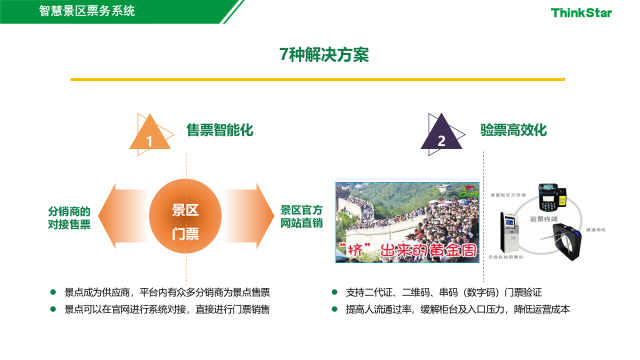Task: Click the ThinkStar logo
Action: click(x=581, y=12)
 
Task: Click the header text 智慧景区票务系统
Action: click(x=87, y=10)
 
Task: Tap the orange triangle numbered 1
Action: click(x=149, y=136)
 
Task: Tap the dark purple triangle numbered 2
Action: click(x=441, y=135)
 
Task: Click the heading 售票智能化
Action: click(x=220, y=130)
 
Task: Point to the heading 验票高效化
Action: click(x=513, y=130)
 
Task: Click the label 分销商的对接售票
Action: click(x=69, y=217)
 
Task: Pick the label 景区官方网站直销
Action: click(x=301, y=216)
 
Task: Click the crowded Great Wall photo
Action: click(x=407, y=222)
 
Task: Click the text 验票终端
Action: click(x=543, y=219)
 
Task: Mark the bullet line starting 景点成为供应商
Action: click(x=167, y=292)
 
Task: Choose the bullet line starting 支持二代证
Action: click(x=443, y=292)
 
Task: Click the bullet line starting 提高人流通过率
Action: click(x=457, y=309)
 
